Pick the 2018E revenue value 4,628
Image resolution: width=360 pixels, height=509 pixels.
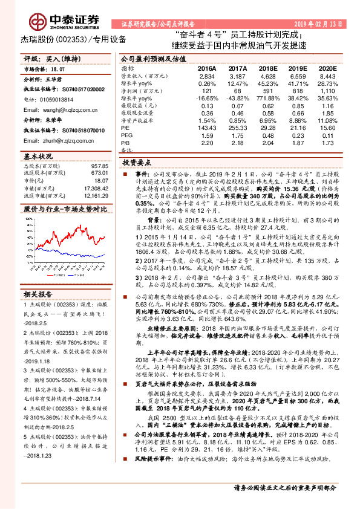[x=268, y=77]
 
